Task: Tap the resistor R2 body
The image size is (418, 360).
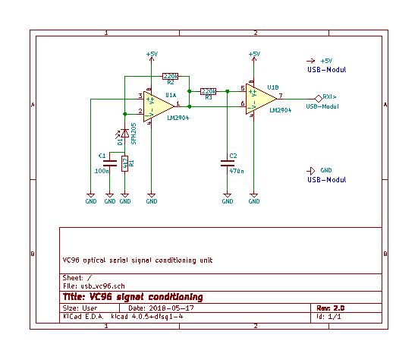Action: click(171, 76)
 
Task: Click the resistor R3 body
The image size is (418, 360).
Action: click(208, 92)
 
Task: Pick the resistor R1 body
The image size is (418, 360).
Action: click(126, 162)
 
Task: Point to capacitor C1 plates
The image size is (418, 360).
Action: click(110, 161)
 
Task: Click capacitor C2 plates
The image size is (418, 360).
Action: click(228, 162)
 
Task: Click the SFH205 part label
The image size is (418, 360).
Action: click(134, 135)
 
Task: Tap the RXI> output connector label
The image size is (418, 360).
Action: click(329, 97)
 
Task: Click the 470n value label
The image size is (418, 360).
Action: click(237, 172)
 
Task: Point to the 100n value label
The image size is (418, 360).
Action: click(102, 172)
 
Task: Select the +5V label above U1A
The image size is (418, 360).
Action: click(152, 54)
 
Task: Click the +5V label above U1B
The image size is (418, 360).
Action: click(254, 54)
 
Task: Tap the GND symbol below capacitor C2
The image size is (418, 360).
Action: click(228, 199)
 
